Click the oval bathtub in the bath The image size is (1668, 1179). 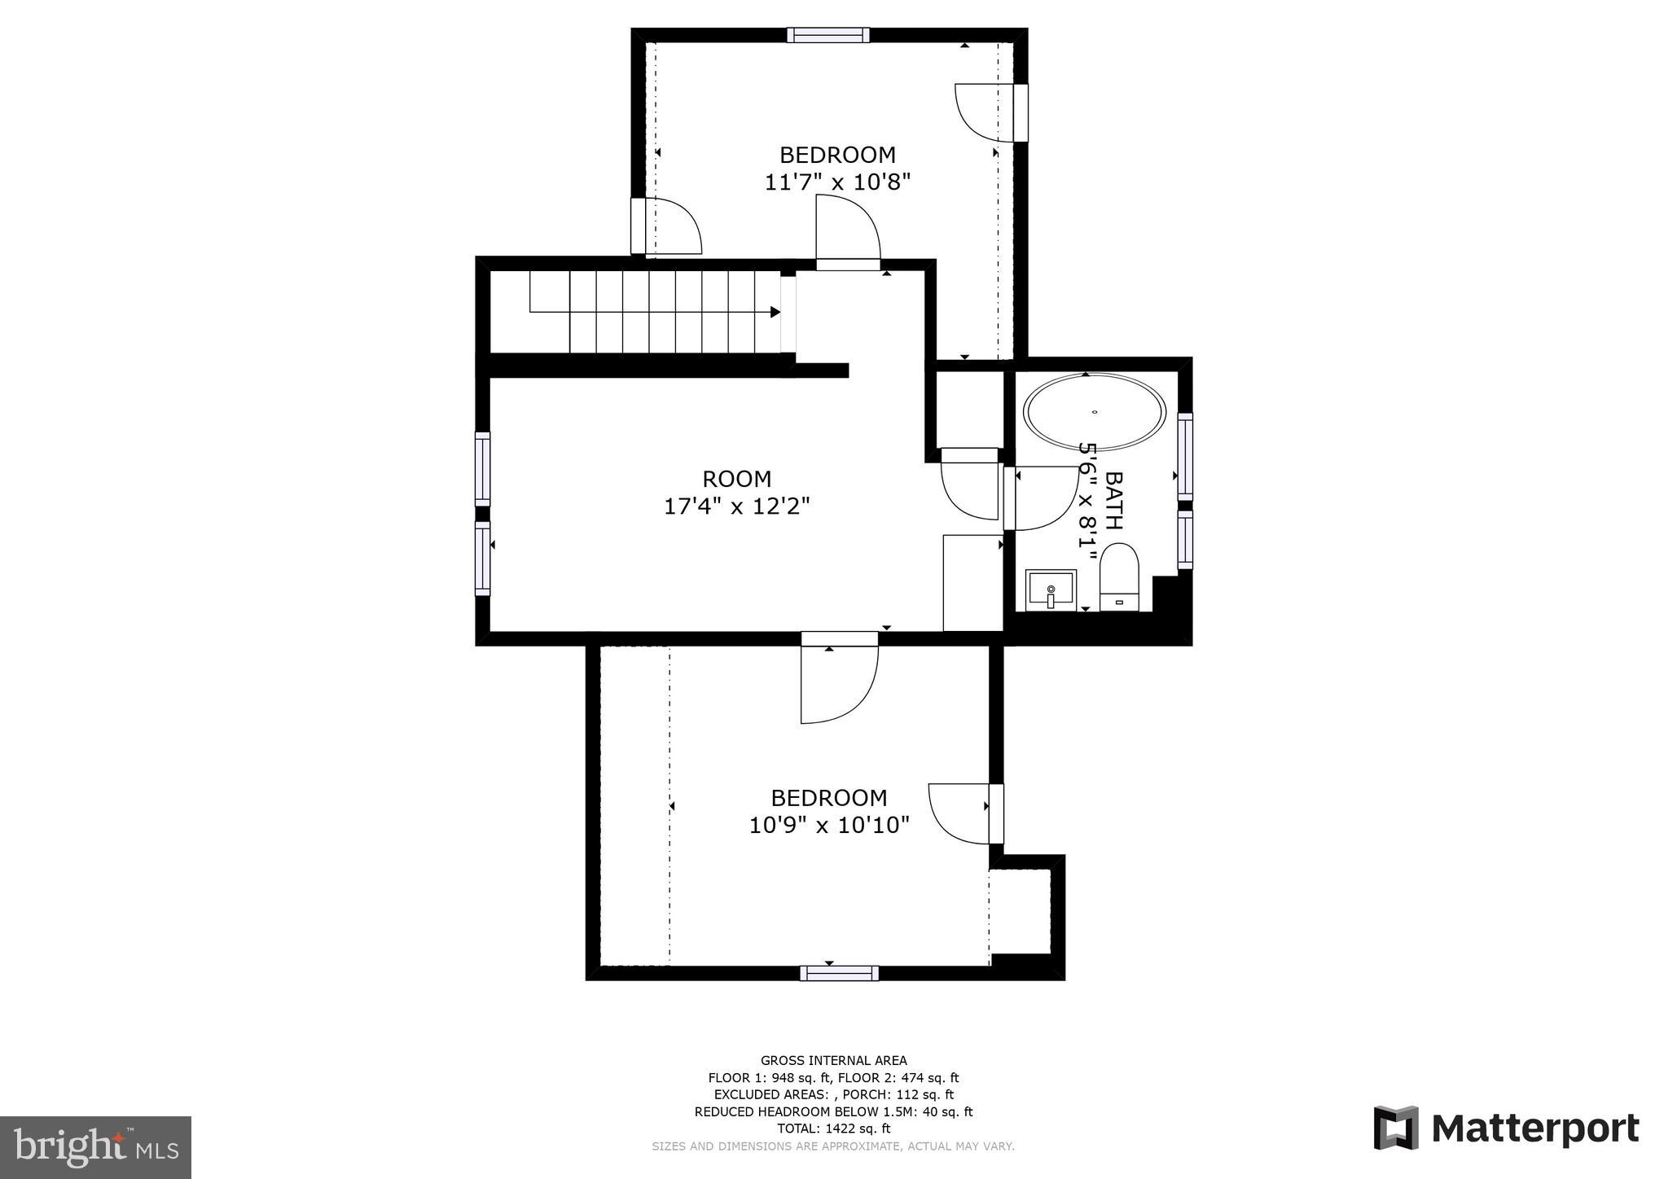(1094, 412)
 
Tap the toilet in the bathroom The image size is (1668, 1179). (1119, 576)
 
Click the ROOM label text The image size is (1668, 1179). (736, 479)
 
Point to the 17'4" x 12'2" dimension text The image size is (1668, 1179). (736, 506)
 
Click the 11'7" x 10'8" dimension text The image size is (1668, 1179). (836, 182)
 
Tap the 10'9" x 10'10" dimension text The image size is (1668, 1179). (828, 825)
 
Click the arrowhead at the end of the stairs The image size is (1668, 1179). (775, 312)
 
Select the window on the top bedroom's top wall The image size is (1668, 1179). (828, 35)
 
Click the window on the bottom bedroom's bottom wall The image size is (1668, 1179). (839, 973)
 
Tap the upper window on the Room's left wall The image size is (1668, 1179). (483, 469)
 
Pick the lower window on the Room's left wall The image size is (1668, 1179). (483, 559)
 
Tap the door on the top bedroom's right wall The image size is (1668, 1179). (990, 112)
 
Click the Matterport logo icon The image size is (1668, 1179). (1396, 1128)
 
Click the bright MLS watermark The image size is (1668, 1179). (95, 1147)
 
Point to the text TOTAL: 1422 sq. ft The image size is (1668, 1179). (833, 1129)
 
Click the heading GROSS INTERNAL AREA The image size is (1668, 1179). (833, 1060)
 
